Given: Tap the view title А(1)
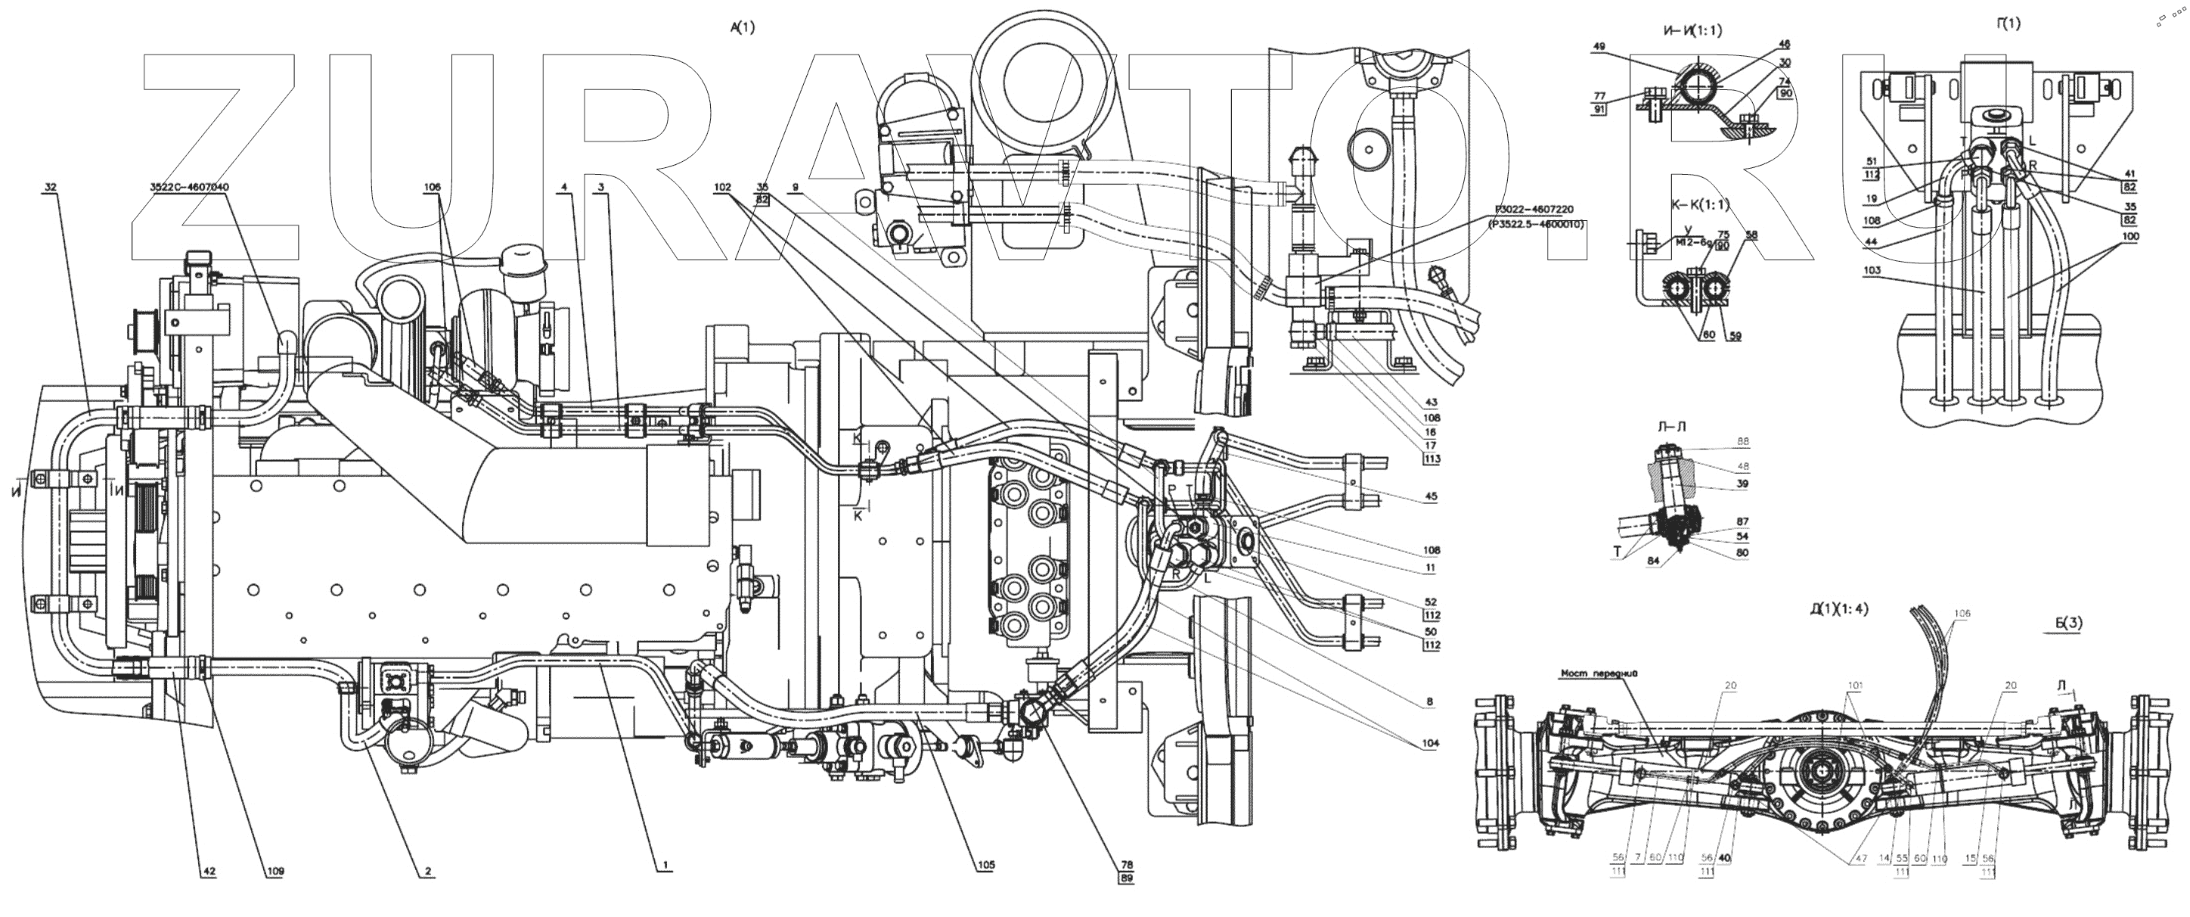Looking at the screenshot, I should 742,27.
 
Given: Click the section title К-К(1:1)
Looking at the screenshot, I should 1689,205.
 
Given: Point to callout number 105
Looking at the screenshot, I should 985,865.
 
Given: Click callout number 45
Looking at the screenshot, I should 1432,497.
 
